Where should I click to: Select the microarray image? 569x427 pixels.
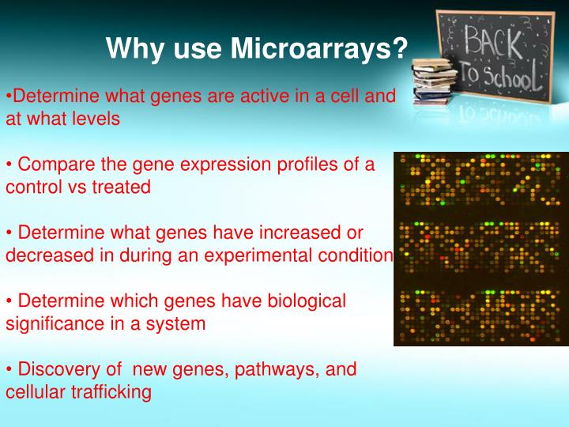point(480,249)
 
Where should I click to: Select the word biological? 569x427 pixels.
point(302,300)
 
